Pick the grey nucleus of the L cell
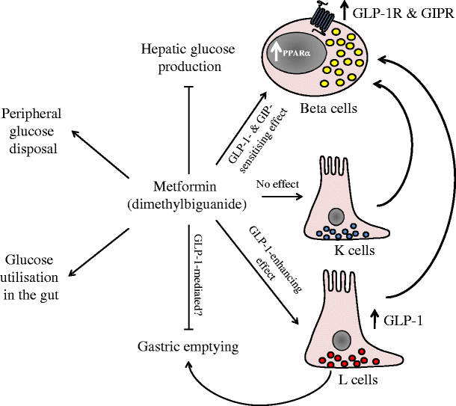pos(342,340)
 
